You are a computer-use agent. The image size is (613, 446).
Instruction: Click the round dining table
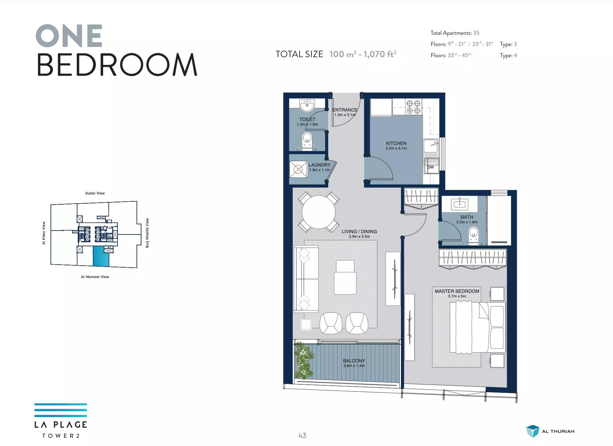click(x=319, y=212)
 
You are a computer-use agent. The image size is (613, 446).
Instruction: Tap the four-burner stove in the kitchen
click(x=413, y=107)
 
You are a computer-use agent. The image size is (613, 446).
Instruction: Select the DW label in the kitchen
click(x=431, y=167)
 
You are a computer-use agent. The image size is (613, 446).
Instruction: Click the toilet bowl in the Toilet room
click(x=307, y=140)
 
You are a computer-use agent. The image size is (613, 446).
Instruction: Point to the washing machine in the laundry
click(x=298, y=169)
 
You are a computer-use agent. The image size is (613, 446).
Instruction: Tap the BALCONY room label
click(x=354, y=361)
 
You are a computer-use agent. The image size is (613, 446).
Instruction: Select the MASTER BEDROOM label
click(x=457, y=291)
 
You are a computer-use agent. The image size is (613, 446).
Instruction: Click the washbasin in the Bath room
click(x=459, y=204)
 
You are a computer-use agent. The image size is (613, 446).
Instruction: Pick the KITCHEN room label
click(x=396, y=143)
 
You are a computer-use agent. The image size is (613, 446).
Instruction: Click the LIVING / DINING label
click(x=359, y=232)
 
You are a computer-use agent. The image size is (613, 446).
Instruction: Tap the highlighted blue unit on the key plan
click(x=101, y=256)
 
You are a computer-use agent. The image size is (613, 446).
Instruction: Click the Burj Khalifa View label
click(x=147, y=233)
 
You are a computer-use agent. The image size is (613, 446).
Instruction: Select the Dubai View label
click(x=95, y=193)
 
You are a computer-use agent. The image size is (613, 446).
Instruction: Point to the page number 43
click(x=302, y=436)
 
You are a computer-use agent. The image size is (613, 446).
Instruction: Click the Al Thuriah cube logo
click(x=533, y=431)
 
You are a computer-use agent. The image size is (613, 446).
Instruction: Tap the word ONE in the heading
click(x=69, y=36)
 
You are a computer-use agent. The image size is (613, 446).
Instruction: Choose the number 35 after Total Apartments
click(x=476, y=33)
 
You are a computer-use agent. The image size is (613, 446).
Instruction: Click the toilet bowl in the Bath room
click(x=474, y=235)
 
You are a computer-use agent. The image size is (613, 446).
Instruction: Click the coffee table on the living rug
click(x=345, y=277)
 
